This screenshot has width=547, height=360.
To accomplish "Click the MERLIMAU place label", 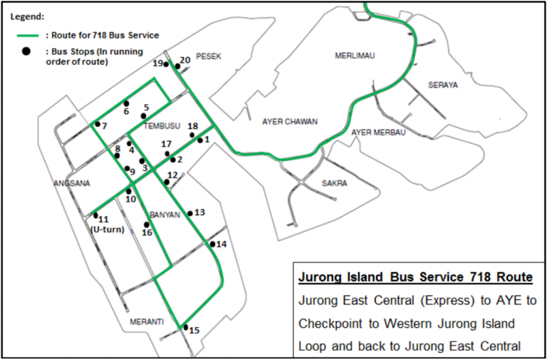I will (357, 56).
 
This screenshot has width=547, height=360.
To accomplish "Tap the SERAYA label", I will (443, 85).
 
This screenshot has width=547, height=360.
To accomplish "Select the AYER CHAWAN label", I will (290, 121).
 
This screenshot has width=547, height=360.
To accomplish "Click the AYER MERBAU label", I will (378, 133).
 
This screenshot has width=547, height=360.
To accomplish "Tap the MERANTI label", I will (147, 322).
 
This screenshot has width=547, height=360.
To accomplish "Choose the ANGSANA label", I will (71, 183).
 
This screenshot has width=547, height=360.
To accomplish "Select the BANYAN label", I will (166, 215).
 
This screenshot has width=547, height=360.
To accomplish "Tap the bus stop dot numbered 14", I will (212, 245).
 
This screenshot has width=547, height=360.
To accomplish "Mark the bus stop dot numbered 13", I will (190, 213).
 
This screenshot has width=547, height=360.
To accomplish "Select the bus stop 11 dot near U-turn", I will (95, 215).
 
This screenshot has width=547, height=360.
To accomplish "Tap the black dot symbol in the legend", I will (28, 51).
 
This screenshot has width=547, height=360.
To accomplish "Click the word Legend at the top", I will (27, 15).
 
